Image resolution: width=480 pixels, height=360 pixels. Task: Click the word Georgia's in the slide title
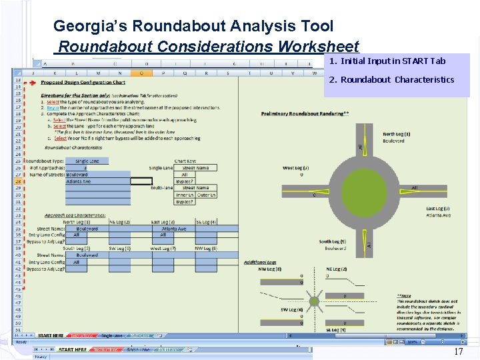91,26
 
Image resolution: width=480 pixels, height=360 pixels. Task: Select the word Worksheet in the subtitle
319,47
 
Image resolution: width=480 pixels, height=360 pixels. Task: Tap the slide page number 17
458,351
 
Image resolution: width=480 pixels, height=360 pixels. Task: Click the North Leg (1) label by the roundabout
396,135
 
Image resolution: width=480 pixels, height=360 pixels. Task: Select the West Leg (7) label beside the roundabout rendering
295,168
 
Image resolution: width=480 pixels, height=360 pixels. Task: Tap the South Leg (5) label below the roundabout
332,242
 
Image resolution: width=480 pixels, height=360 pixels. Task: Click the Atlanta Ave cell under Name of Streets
79,181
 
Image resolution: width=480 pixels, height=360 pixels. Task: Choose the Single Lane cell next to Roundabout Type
87,161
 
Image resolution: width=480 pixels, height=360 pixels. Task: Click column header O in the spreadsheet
141,73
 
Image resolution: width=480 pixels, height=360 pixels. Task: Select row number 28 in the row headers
17,181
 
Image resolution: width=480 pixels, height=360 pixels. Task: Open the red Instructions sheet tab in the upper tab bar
82,335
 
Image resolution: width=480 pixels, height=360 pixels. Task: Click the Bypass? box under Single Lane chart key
185,181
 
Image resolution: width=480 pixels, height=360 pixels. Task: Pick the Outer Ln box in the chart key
206,195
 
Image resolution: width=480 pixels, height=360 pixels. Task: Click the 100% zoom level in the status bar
413,341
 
